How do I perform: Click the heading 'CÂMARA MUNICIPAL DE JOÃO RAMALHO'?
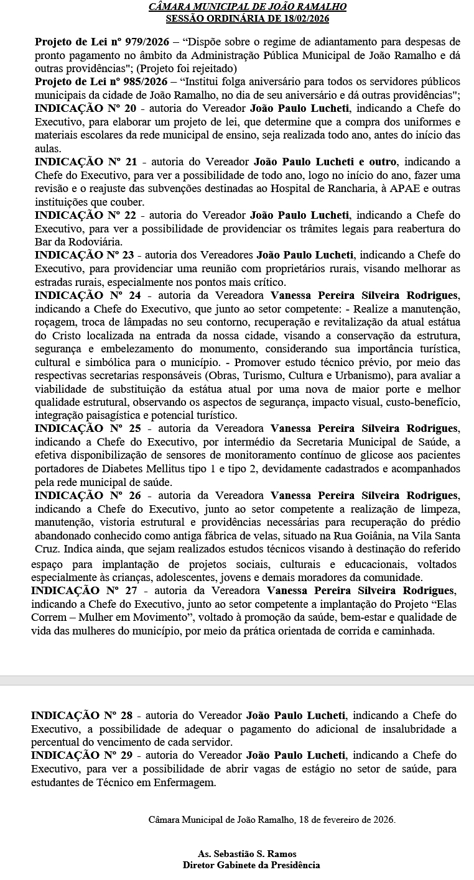248,7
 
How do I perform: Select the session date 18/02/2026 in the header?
304,18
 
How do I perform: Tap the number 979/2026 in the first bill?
142,42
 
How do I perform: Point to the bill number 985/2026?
142,82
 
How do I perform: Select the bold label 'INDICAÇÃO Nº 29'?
82,755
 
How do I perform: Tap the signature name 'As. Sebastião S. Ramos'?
248,854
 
